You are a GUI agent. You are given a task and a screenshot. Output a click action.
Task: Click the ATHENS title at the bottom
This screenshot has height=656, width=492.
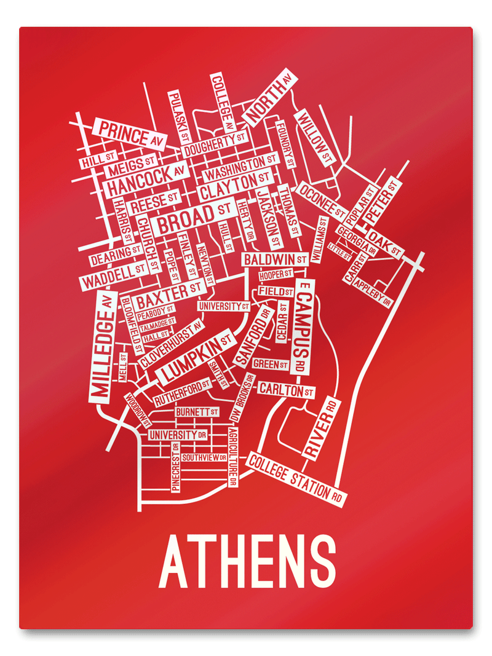point(247,562)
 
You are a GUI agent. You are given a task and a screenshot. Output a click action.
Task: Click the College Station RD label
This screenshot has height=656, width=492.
point(296,478)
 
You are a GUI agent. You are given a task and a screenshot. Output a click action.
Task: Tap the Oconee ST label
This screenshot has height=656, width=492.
point(321,200)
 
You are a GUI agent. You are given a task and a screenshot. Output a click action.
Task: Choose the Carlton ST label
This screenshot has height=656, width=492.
point(286,390)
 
